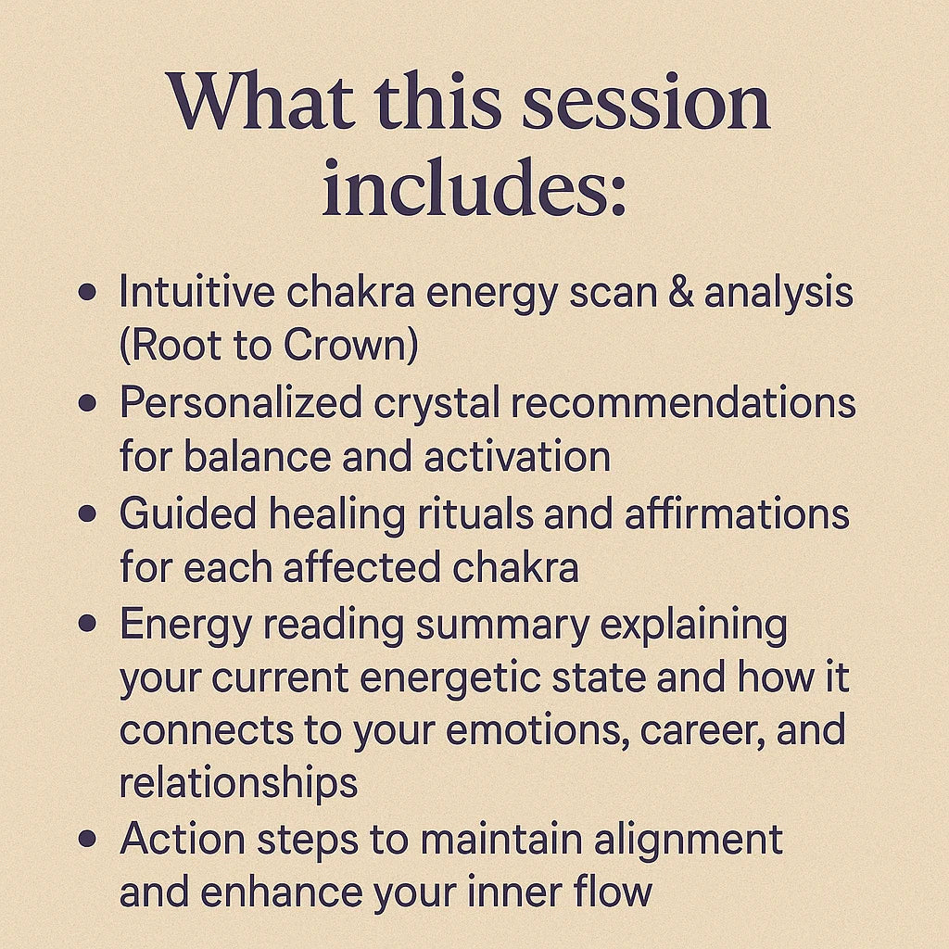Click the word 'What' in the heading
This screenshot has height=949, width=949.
(x=260, y=100)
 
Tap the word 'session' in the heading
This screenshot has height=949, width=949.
(x=646, y=102)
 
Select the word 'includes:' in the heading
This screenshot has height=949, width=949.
(x=474, y=186)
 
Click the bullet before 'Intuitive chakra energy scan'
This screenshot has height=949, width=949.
(x=88, y=292)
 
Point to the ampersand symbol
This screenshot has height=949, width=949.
(x=681, y=291)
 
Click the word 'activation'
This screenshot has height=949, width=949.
(x=517, y=457)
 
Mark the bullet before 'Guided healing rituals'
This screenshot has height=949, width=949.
(x=88, y=513)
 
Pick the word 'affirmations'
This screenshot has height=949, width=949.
(x=737, y=512)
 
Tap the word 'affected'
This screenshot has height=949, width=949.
(x=361, y=568)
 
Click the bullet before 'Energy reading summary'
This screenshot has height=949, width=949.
(x=88, y=623)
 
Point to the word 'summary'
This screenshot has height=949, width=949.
(x=502, y=626)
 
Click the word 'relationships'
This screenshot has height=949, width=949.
(x=238, y=782)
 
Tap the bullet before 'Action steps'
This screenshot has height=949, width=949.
(x=88, y=838)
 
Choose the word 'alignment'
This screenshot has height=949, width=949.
(x=689, y=841)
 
